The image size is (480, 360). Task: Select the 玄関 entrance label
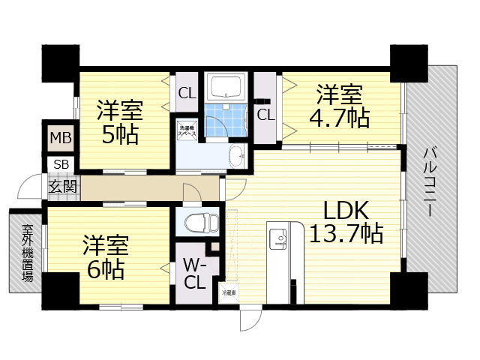62,187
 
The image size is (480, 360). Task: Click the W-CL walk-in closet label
192,273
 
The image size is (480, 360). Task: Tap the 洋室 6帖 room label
105,257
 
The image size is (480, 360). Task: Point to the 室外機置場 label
26,253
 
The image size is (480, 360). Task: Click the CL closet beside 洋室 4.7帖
265,114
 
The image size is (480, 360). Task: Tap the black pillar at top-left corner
60,64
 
